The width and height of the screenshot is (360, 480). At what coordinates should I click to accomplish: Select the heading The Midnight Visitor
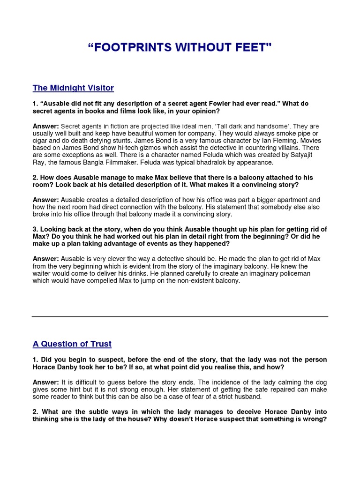click(x=73, y=88)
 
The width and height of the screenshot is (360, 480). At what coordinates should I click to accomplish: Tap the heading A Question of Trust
click(x=72, y=344)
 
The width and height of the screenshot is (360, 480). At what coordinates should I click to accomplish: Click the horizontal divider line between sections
click(x=180, y=316)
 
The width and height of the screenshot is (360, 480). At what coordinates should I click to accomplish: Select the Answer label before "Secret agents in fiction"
click(x=45, y=126)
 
